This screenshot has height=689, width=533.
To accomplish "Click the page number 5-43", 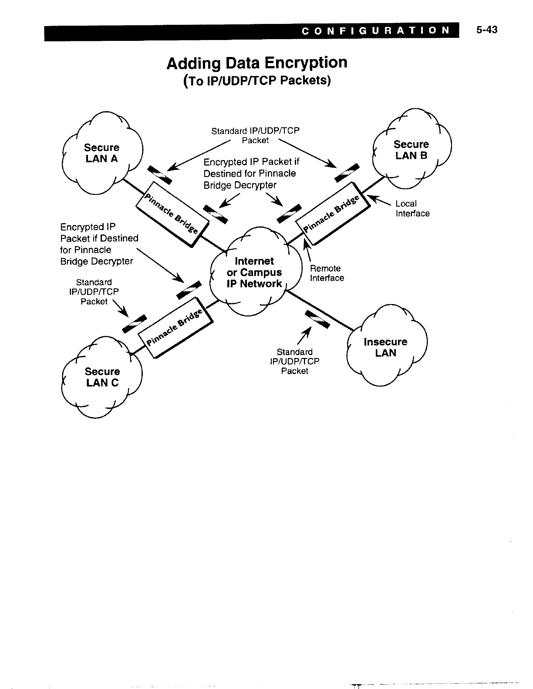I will click(486, 30).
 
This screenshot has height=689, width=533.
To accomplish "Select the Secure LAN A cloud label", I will click(101, 153).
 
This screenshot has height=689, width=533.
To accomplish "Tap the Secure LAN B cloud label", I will click(411, 150).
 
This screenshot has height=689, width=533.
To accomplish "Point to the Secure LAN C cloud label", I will click(102, 377).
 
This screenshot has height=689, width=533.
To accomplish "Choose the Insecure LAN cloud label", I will click(385, 347).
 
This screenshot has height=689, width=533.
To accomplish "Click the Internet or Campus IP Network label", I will click(254, 272).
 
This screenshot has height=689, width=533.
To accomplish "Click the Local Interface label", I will click(412, 208).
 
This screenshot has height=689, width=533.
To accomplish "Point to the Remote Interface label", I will click(327, 273).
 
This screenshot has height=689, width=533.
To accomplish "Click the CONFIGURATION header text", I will click(375, 30).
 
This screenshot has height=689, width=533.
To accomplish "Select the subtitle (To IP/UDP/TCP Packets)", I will click(257, 81).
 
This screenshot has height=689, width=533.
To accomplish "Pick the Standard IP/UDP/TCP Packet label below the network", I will click(294, 361).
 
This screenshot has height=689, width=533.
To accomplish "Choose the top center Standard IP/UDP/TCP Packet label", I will click(255, 135).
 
